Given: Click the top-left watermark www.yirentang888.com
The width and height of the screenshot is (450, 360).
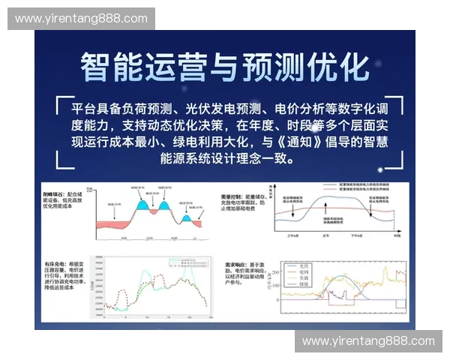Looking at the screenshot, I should pos(81,18).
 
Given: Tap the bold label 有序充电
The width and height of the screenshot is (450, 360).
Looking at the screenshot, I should pos(55,265).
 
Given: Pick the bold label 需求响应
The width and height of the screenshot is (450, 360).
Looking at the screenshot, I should pos(235,265).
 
